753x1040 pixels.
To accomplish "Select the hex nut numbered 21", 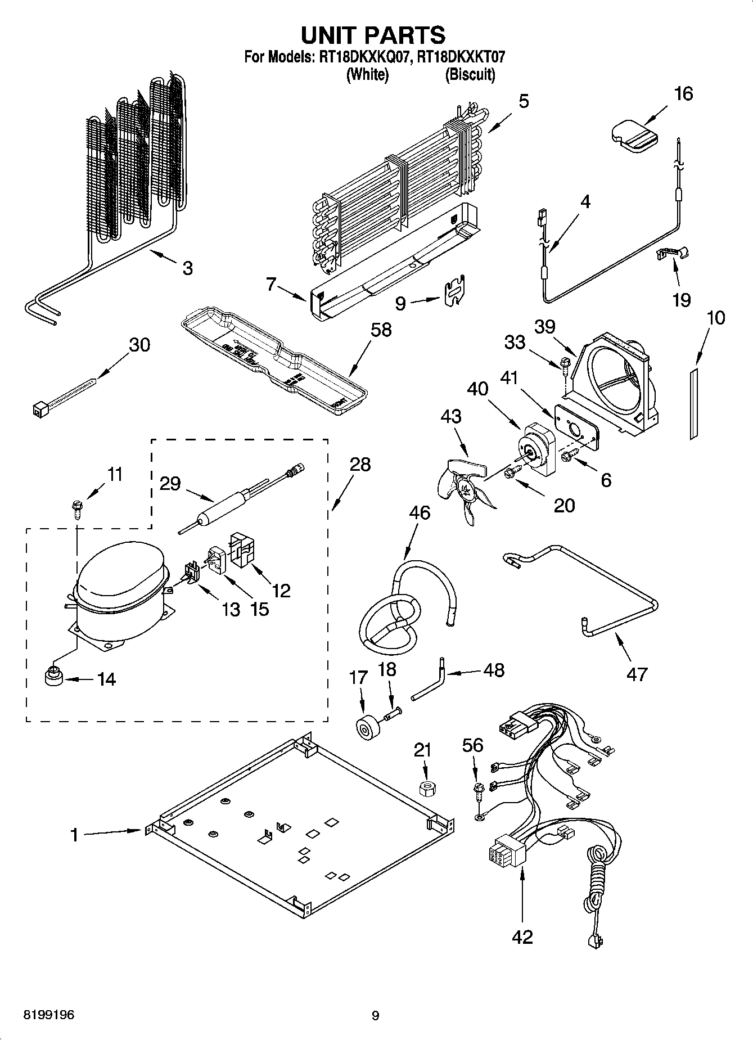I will pos(429,788).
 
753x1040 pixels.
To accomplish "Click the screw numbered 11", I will pos(76,510).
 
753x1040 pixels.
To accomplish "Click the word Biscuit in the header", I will pos(470,74).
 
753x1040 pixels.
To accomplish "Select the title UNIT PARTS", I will pos(373,35).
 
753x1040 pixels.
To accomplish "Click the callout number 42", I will pos(522,937).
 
